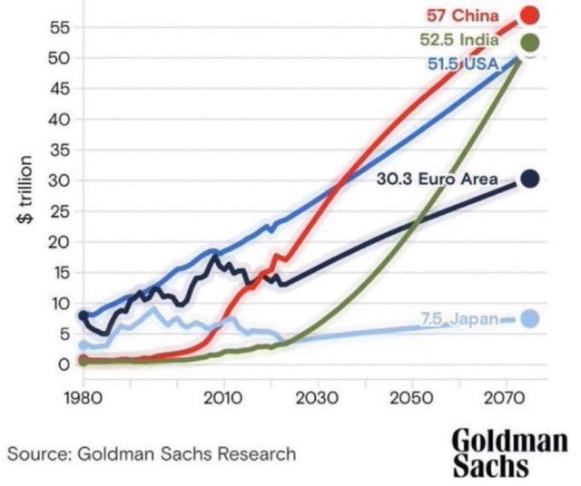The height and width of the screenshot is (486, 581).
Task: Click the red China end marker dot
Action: click(x=529, y=15)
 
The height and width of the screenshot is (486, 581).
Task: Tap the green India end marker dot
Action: click(x=529, y=42)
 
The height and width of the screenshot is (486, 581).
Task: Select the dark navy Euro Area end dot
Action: click(x=530, y=179)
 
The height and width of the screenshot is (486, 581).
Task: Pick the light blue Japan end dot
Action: click(x=530, y=318)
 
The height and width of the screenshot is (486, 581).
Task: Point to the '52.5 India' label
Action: click(x=459, y=41)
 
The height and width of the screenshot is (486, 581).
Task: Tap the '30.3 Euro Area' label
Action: click(x=437, y=179)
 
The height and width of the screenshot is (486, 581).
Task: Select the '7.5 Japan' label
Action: click(x=458, y=318)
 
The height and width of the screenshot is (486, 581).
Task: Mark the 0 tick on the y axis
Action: click(x=64, y=364)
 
